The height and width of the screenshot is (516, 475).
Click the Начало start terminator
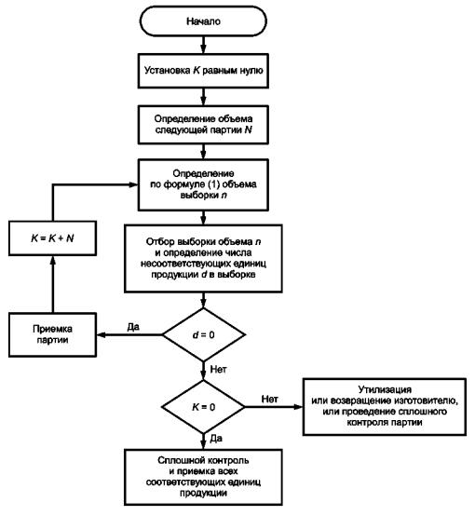point(203,21)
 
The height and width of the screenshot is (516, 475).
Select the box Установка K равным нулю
point(203,71)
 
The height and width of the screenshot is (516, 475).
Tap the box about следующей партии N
point(203,125)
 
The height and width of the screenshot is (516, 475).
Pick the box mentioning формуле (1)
point(203,184)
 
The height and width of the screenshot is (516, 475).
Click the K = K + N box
point(53,238)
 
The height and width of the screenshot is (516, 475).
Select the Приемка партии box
point(53,334)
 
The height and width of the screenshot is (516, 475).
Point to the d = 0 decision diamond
point(204,334)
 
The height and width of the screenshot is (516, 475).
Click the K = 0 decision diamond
point(203,407)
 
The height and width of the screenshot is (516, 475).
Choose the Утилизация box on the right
point(385,407)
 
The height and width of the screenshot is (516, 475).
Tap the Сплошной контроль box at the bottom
point(203,477)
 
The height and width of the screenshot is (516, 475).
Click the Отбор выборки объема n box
point(203,258)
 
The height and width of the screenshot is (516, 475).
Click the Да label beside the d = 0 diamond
point(133,327)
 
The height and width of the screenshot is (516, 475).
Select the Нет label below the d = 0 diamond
point(218,369)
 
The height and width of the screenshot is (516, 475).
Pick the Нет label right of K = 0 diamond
point(269,399)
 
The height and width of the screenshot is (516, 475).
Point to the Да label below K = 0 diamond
point(216,439)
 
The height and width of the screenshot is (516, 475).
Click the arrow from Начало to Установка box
point(203,45)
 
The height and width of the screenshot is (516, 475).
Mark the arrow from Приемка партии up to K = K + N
point(53,284)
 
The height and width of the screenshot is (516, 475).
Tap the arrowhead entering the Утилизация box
point(299,407)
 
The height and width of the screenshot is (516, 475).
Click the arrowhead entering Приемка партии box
point(102,334)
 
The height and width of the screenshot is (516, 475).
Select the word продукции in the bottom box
point(203,493)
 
